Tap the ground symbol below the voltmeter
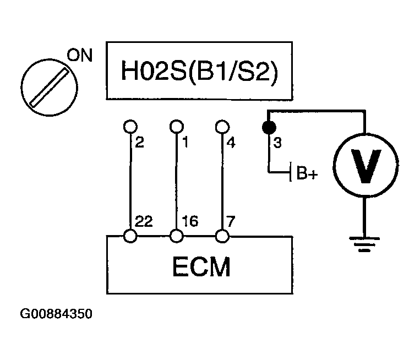pyautogui.click(x=364, y=244)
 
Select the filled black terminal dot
pyautogui.click(x=269, y=127)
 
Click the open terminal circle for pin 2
pyautogui.click(x=130, y=127)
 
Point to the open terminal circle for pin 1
pyautogui.click(x=177, y=127)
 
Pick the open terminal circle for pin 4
pyautogui.click(x=222, y=127)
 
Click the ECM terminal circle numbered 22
pyautogui.click(x=130, y=236)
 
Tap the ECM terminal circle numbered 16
pyautogui.click(x=177, y=236)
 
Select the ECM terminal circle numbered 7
pyautogui.click(x=222, y=236)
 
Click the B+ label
pyautogui.click(x=307, y=173)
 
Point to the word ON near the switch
pyautogui.click(x=80, y=55)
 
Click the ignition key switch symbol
pyautogui.click(x=50, y=88)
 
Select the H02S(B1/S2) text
pyautogui.click(x=200, y=70)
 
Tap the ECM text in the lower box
pyautogui.click(x=201, y=266)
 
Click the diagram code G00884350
pyautogui.click(x=56, y=314)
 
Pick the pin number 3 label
pyautogui.click(x=277, y=143)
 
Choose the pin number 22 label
pyautogui.click(x=144, y=221)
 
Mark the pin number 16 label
pyautogui.click(x=190, y=221)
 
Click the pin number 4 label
pyautogui.click(x=231, y=143)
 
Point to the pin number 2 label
pyautogui.click(x=140, y=142)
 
